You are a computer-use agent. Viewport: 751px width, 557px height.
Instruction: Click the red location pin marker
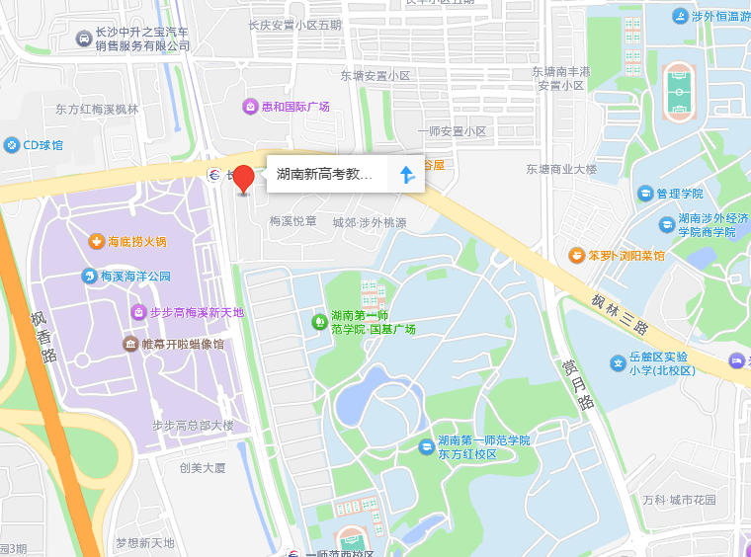click(243, 179)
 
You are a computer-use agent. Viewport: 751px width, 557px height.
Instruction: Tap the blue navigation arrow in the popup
click(406, 175)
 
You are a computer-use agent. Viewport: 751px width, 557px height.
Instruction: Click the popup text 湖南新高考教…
click(324, 175)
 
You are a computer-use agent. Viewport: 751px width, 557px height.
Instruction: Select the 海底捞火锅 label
click(137, 241)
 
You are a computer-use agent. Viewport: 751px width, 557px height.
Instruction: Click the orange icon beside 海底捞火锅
click(97, 240)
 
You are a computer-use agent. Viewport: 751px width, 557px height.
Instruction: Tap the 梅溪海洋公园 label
click(135, 277)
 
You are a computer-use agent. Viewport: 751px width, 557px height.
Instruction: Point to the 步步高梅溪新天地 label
click(195, 312)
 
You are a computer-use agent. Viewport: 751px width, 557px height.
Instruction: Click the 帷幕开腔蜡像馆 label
click(183, 344)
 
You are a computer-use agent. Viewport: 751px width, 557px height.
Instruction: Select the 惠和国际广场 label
click(294, 107)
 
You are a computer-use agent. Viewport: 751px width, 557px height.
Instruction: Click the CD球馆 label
click(43, 145)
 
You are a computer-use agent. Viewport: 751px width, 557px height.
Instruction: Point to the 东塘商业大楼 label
click(561, 169)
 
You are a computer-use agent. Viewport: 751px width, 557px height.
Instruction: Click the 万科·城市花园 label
click(678, 500)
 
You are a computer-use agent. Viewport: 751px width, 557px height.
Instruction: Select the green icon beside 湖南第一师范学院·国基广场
click(319, 321)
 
